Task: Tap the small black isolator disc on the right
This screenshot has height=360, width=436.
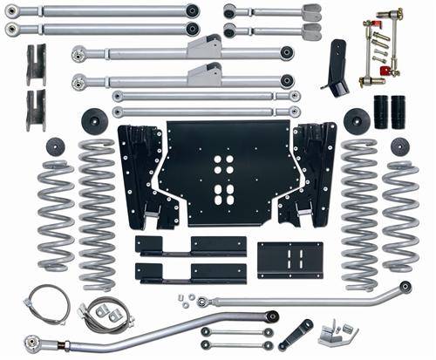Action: coord(400,146)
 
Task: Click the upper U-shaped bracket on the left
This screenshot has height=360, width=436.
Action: coord(36,63)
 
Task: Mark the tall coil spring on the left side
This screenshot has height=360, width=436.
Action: coord(97,214)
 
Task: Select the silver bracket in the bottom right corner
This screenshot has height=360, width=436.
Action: coord(337,332)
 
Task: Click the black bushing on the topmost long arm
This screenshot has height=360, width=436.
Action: coord(192,11)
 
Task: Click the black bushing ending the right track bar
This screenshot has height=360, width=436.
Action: coord(405,287)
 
